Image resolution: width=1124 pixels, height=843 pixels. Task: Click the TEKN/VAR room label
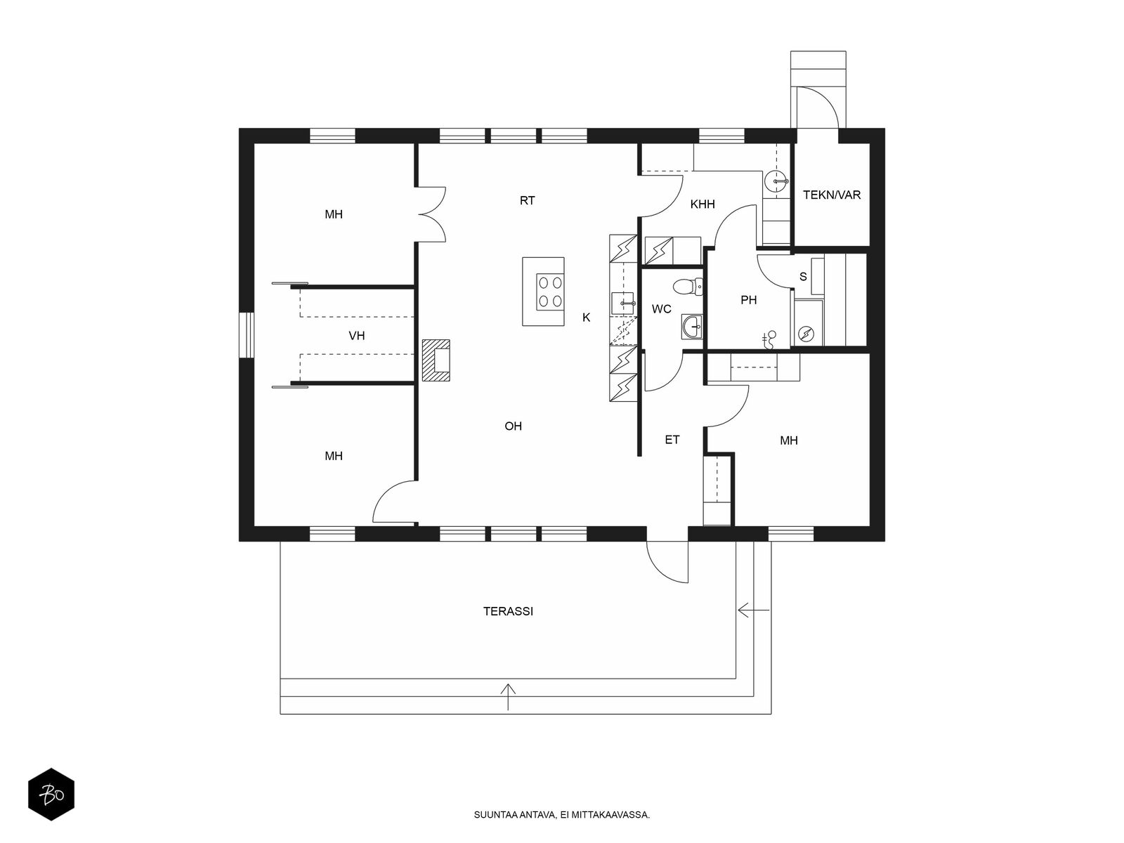coord(831,195)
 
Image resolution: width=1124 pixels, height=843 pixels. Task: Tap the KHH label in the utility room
coord(702,204)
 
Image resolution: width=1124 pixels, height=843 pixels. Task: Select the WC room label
coord(661,309)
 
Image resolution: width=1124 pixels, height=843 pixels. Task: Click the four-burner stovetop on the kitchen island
coord(550,292)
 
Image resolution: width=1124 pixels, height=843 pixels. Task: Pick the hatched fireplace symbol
coord(436,360)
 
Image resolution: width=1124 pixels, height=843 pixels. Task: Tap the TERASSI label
coord(508,611)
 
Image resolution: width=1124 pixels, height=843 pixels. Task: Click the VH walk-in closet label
coord(356,336)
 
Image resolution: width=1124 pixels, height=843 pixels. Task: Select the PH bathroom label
coord(748,300)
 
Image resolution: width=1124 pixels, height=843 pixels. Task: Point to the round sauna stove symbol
coord(806,334)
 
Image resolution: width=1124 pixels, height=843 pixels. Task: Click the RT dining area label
coord(527,201)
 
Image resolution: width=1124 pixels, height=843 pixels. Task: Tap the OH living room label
coord(513,426)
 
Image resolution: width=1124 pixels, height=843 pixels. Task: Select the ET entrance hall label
coord(672,440)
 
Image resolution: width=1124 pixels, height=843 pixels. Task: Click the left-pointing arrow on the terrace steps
coord(753,610)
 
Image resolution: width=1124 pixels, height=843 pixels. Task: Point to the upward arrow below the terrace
coord(507,697)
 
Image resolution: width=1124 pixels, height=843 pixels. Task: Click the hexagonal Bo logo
coord(51,795)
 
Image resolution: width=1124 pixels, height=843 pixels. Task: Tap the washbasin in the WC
coord(693,326)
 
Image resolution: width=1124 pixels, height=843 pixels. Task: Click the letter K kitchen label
coord(587,318)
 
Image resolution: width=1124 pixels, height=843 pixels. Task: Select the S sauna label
coord(803,277)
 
